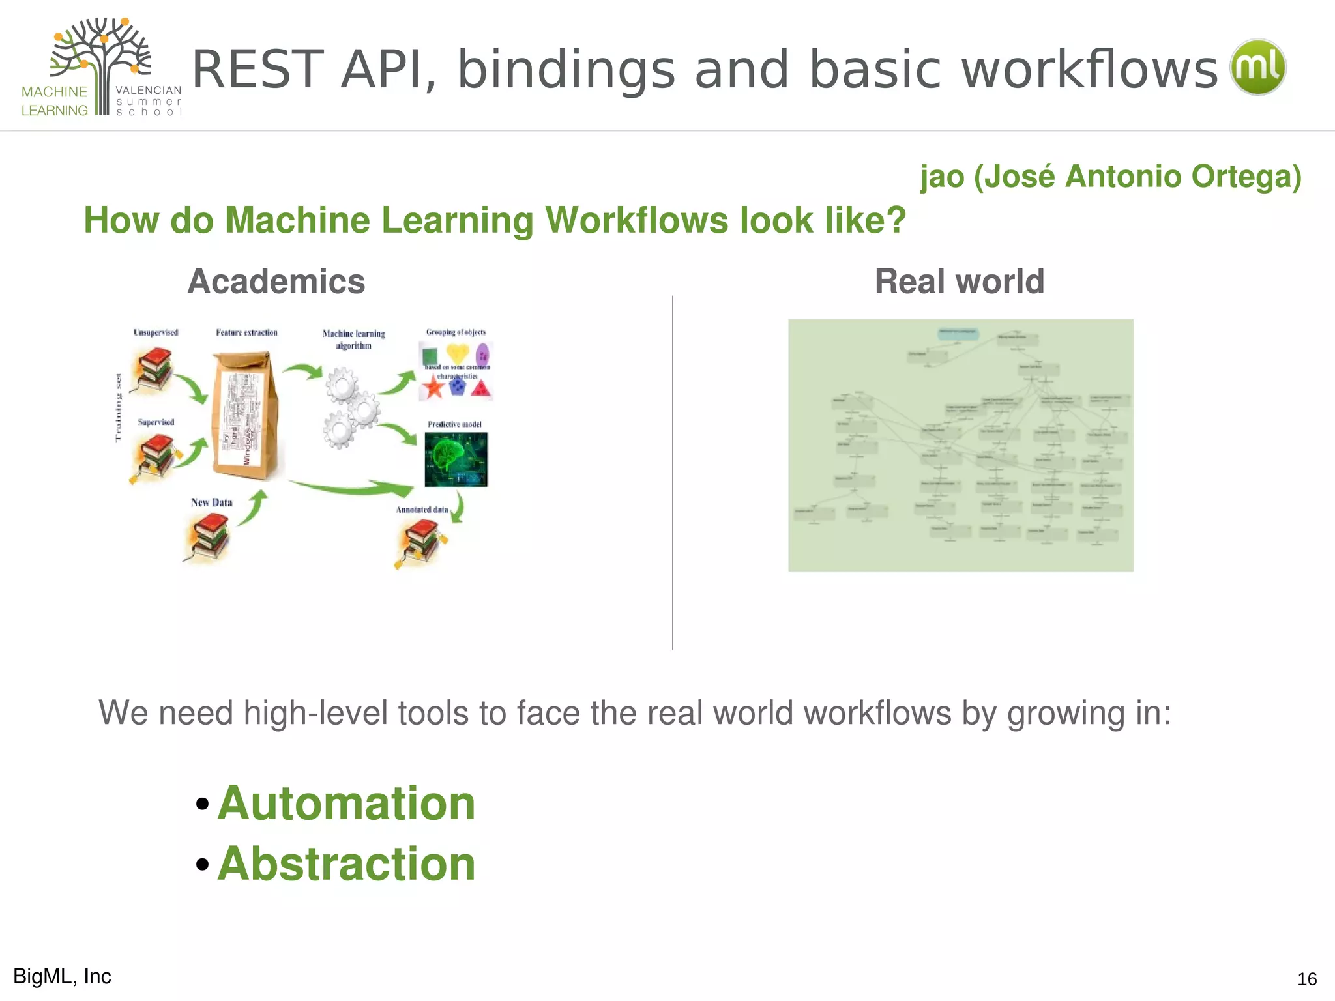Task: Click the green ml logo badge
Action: coord(1257,68)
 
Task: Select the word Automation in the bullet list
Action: coord(346,803)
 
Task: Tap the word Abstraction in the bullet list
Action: coord(346,863)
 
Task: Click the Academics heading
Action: coord(276,282)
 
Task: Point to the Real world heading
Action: coord(959,282)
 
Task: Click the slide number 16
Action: coord(1306,979)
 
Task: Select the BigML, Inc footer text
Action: coord(63,976)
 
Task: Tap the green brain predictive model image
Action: coord(456,460)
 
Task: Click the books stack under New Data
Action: coord(209,536)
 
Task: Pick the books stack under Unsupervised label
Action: coord(153,369)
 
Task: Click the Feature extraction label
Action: coord(246,332)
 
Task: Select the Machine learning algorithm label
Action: coord(353,340)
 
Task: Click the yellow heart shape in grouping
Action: coord(458,354)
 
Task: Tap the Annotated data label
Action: coord(422,510)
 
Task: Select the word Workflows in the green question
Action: coord(637,220)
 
